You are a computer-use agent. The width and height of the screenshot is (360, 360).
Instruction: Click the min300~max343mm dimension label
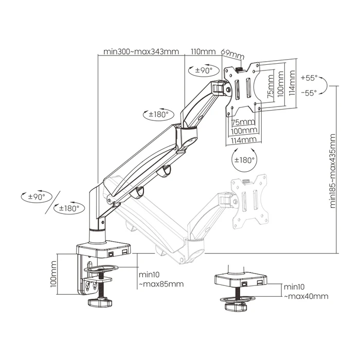coord(141,51)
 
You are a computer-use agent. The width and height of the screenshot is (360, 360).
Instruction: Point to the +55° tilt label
coord(310,79)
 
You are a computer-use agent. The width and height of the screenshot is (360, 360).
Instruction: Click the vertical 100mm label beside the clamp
coord(54,275)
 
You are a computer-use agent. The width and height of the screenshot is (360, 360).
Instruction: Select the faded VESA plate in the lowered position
coord(249,201)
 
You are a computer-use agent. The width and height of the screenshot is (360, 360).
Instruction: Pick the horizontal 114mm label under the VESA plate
coord(243,140)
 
